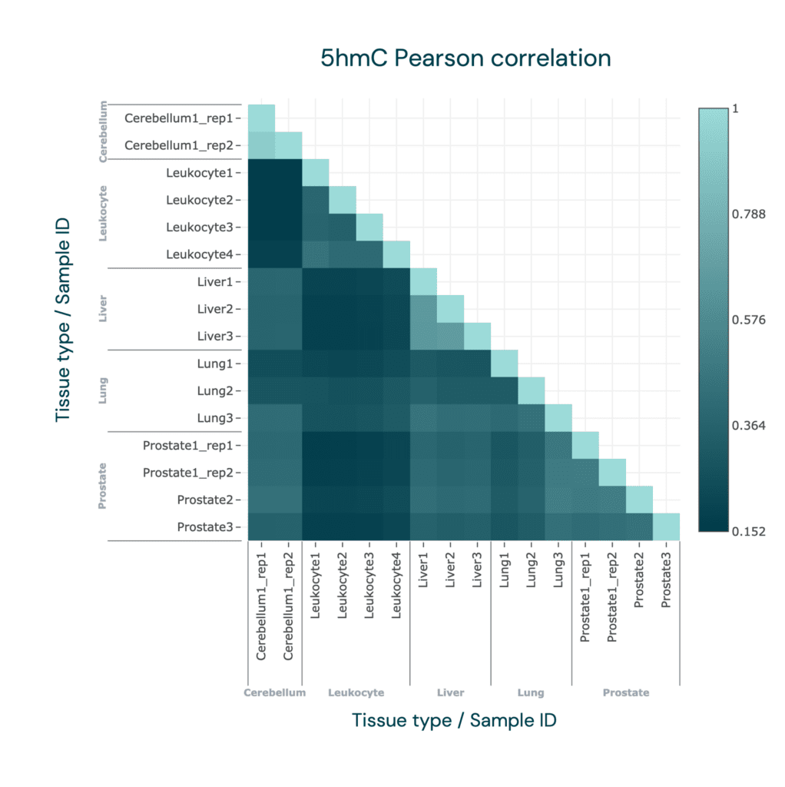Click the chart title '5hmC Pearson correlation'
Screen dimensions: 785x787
(465, 58)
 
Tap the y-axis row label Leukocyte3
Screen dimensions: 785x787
(200, 227)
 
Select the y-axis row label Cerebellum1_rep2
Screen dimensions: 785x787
(179, 145)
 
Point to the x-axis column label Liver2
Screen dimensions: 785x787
(450, 569)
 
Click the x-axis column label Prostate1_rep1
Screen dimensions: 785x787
(585, 596)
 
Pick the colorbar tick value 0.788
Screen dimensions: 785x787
(748, 214)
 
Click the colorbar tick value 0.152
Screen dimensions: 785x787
(748, 532)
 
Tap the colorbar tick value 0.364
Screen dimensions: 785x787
(748, 426)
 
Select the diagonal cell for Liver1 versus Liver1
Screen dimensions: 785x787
(423, 281)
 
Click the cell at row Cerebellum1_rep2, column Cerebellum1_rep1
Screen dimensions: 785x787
(261, 145)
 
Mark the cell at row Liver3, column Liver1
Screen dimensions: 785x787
(423, 337)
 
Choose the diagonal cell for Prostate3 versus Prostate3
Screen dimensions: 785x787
(666, 527)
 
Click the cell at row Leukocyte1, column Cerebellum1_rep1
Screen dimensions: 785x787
(261, 173)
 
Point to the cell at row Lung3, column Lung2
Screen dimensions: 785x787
(532, 418)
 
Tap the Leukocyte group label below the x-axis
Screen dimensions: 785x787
(356, 692)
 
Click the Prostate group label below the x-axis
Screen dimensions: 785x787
(626, 692)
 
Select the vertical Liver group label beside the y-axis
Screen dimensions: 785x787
(103, 309)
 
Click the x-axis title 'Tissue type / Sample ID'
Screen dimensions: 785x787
(454, 720)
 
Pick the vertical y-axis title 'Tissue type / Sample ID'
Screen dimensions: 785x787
(63, 320)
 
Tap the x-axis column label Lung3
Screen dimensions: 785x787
(558, 569)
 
